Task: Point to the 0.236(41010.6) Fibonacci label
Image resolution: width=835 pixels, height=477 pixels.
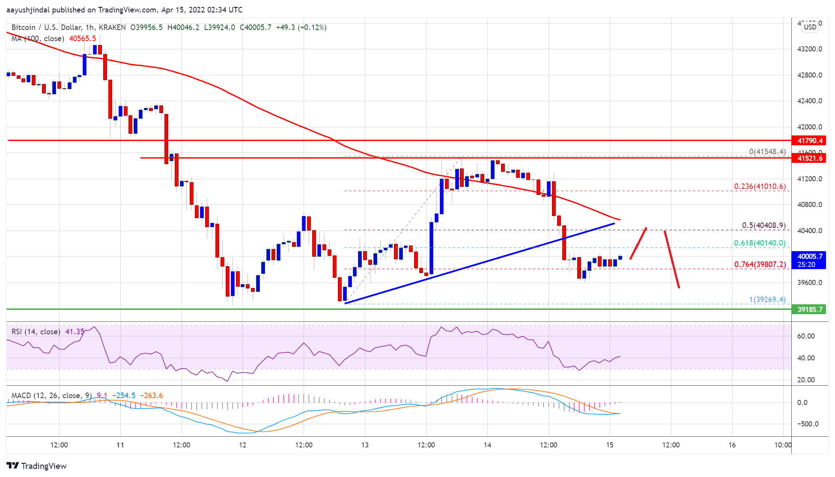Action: click(760, 186)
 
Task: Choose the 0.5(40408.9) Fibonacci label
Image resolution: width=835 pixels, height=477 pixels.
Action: click(763, 225)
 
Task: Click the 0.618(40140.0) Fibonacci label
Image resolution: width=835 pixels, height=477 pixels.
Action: click(760, 243)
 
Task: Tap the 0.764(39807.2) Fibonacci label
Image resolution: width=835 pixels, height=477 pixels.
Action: click(760, 264)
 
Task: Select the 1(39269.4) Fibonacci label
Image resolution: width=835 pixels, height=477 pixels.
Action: click(767, 300)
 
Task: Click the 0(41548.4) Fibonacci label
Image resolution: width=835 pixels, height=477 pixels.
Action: click(767, 152)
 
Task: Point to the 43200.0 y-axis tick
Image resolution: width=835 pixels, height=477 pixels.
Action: click(809, 49)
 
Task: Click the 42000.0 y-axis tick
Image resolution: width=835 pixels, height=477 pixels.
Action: click(809, 127)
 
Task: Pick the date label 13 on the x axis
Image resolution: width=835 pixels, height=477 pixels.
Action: click(365, 445)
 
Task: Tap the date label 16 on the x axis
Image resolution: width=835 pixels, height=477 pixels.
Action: click(732, 445)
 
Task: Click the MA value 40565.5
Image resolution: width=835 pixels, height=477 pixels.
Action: click(83, 39)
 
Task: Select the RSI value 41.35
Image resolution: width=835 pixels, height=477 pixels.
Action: click(75, 332)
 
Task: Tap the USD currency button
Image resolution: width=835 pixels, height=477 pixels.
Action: click(810, 27)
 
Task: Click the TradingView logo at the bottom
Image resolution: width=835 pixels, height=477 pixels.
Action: click(37, 466)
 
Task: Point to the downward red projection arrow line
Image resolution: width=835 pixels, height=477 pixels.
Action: click(671, 259)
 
